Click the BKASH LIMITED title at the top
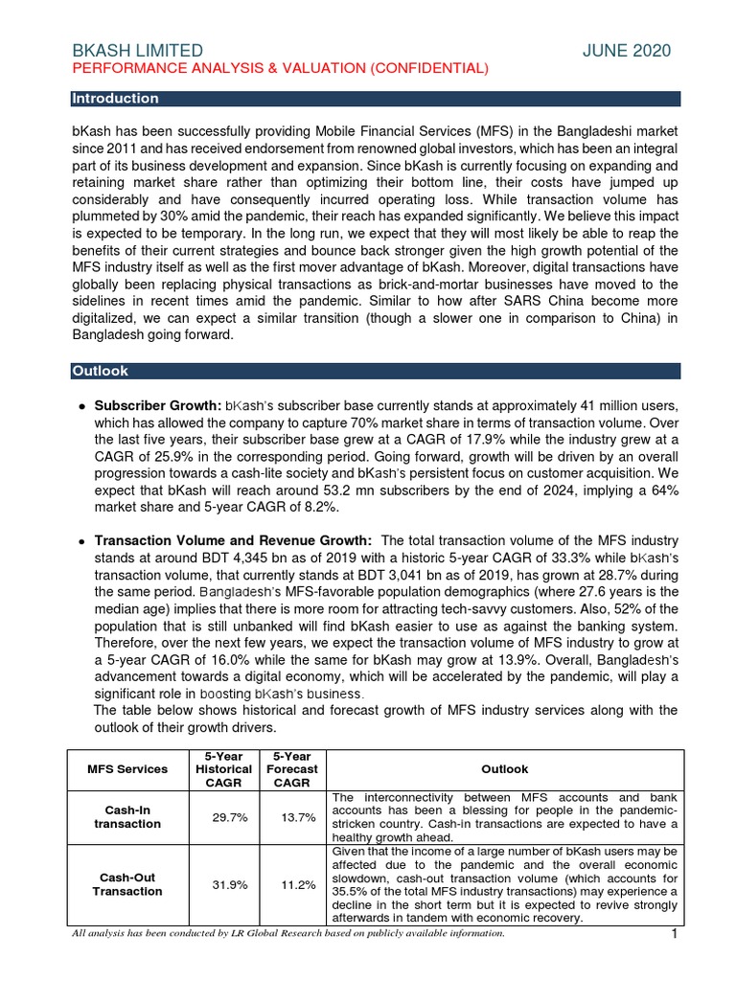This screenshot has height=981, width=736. point(137,51)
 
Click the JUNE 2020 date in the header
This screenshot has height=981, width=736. point(627,51)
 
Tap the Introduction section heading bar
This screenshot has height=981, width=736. point(376,99)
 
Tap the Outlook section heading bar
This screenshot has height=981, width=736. point(376,371)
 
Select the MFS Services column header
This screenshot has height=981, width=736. point(127,768)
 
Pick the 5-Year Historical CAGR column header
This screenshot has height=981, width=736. point(223,768)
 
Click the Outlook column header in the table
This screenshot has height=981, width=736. point(505,768)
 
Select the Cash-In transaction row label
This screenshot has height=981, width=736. point(127,816)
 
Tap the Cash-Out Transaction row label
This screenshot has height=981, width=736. point(127,884)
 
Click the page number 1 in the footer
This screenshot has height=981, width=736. point(674,934)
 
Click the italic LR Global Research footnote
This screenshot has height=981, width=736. point(287,933)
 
